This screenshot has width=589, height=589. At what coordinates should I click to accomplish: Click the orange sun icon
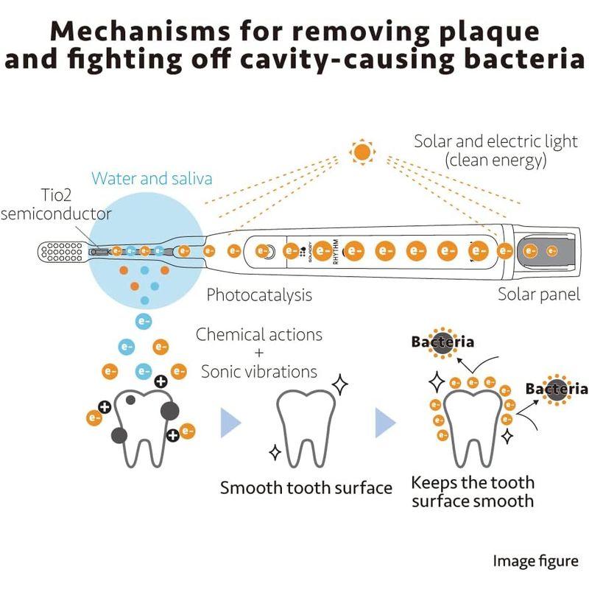coord(362,152)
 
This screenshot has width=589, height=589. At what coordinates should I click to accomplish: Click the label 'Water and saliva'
coord(152,178)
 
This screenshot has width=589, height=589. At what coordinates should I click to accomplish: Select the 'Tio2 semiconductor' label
coord(56,205)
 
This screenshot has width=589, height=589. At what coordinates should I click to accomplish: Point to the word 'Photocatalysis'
coord(259,295)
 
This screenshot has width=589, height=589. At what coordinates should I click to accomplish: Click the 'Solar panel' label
coord(539,295)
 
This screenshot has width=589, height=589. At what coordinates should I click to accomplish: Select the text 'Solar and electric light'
coord(495,141)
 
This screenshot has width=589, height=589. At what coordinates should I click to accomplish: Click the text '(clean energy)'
coord(495,160)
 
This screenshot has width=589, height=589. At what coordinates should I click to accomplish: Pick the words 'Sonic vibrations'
coord(259,372)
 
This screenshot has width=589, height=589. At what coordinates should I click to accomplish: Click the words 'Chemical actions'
coord(259,335)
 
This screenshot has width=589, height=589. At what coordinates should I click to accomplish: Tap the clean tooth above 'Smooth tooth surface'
coord(306,427)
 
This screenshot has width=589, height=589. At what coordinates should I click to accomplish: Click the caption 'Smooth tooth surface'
coord(306,487)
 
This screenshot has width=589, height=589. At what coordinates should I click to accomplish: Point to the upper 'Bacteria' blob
coord(442,342)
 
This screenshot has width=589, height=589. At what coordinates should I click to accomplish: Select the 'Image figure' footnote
coord(535,561)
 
